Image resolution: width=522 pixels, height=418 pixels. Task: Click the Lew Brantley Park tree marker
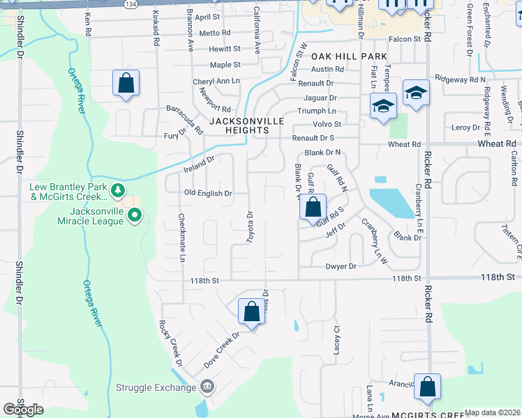[x=119, y=189]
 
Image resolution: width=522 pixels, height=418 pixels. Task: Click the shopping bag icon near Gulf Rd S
[x=314, y=207]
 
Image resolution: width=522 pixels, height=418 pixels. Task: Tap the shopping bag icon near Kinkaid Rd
[x=126, y=84]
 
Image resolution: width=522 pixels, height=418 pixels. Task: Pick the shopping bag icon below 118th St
[x=252, y=311]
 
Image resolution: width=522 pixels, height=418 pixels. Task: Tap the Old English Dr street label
[x=207, y=194]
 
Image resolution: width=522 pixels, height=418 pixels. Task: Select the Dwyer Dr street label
[x=341, y=266]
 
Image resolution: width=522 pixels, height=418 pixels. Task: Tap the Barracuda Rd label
[x=184, y=119]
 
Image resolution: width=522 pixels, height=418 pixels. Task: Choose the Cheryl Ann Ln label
[x=216, y=82]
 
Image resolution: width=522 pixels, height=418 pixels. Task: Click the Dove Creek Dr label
[x=222, y=350]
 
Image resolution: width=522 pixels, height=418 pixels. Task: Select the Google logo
[x=24, y=410]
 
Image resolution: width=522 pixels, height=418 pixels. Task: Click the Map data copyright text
[x=493, y=412]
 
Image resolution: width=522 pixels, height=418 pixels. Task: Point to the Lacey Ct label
[x=336, y=341]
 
